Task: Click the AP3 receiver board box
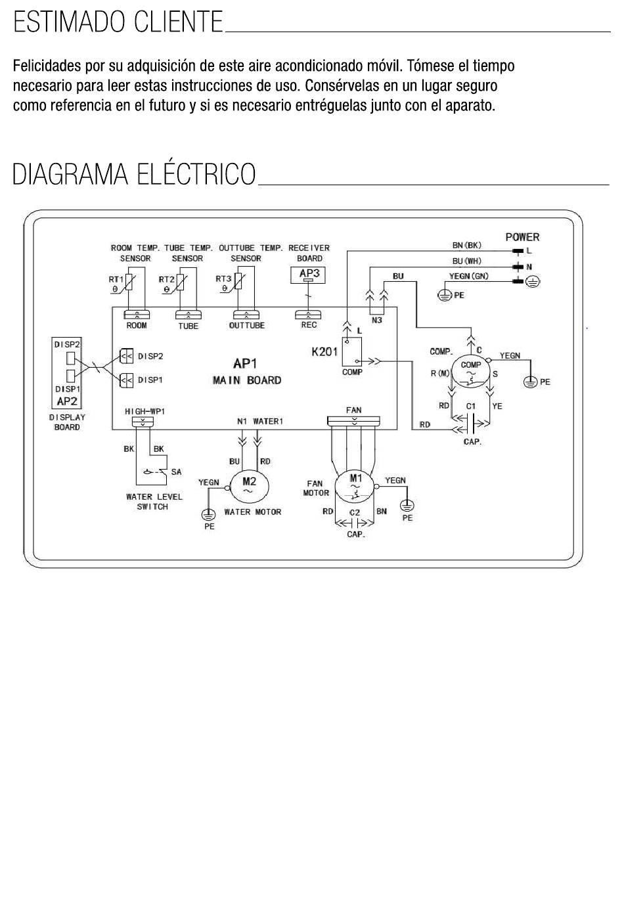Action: [308, 275]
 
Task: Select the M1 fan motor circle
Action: [354, 486]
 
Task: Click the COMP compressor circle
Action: [471, 371]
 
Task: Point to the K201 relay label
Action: [324, 352]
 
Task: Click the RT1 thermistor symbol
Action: [129, 282]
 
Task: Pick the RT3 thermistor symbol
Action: [238, 282]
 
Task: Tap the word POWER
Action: [522, 236]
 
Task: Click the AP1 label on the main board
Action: [245, 364]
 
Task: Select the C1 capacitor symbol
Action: [471, 423]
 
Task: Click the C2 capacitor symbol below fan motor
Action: [354, 523]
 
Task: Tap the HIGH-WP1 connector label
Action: [145, 412]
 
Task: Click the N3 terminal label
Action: [376, 320]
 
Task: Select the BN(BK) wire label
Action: [466, 245]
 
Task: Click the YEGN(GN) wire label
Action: [468, 276]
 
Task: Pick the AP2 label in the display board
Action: [67, 401]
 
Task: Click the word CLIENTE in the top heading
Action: [179, 22]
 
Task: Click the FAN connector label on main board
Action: [353, 410]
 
